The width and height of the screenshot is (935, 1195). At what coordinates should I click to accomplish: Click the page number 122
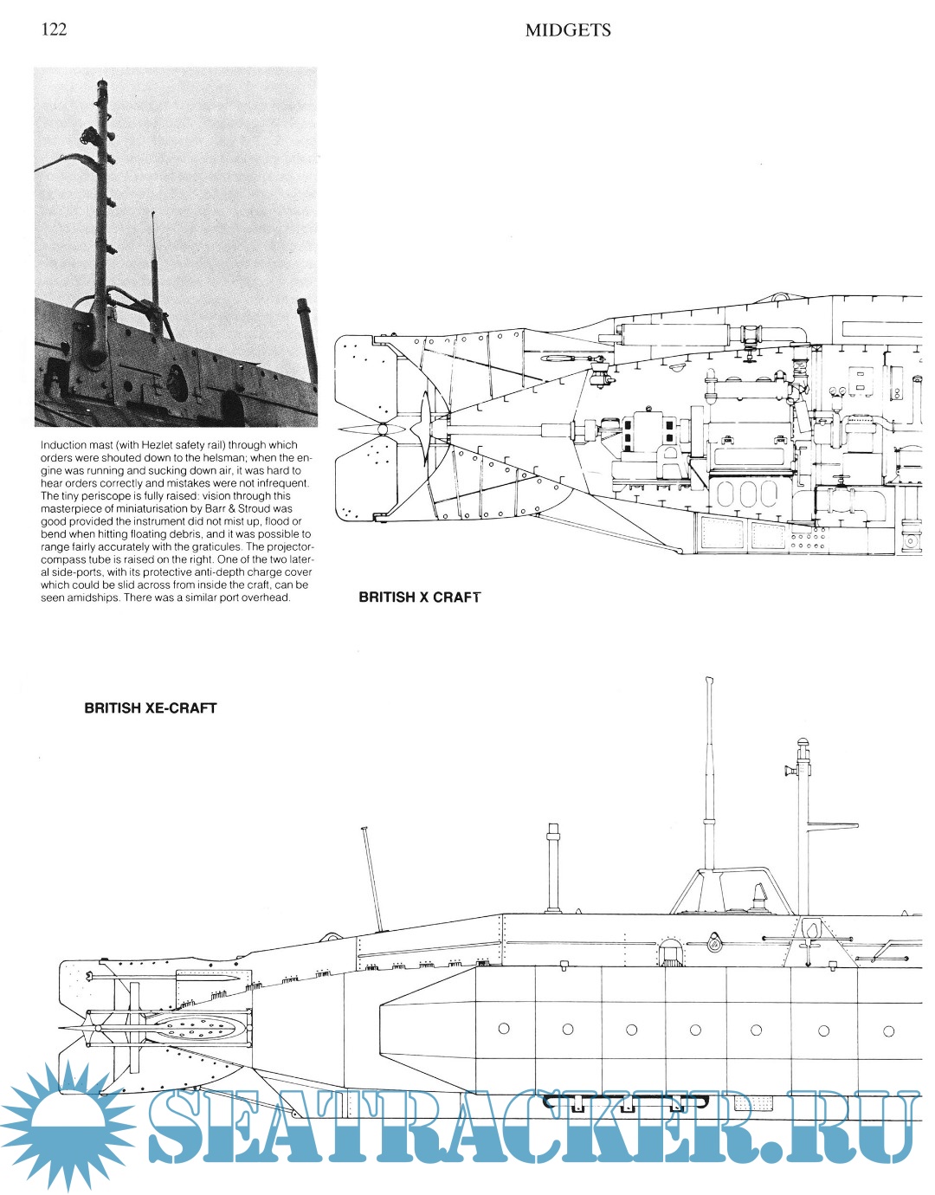tap(54, 29)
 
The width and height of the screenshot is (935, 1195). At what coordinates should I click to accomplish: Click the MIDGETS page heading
tap(567, 30)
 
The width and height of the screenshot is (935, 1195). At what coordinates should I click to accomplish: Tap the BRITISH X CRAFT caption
tap(419, 597)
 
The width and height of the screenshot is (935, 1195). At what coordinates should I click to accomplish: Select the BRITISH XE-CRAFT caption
tap(150, 707)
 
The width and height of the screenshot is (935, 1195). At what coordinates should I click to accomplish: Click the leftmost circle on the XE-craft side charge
tap(504, 1029)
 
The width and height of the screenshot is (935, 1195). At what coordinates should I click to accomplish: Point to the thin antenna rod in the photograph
tap(154, 260)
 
